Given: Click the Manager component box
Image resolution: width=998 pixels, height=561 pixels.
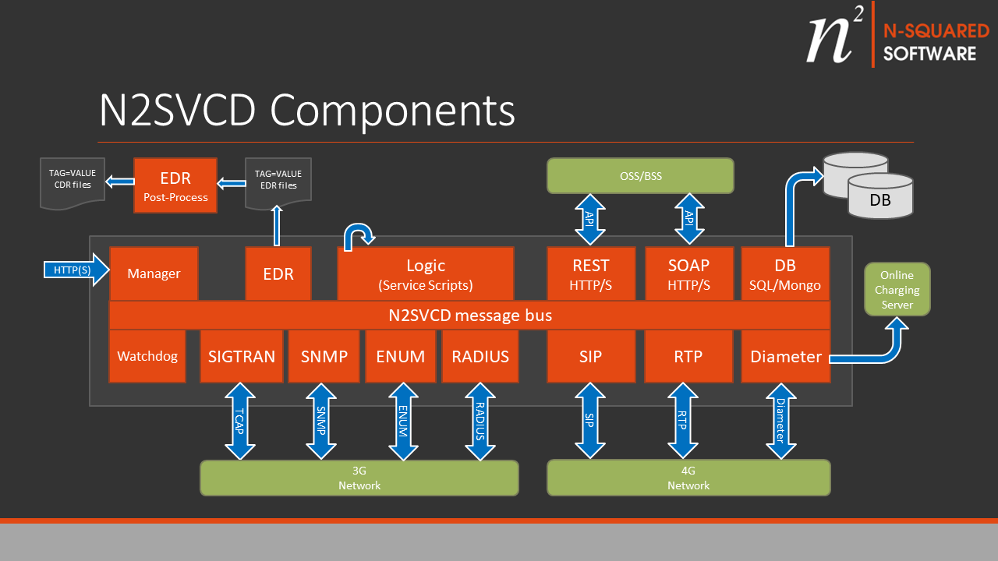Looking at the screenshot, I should [154, 273].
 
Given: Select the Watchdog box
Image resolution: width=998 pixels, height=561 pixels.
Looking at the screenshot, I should [147, 356].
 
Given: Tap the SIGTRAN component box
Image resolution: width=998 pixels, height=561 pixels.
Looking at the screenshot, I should [241, 356].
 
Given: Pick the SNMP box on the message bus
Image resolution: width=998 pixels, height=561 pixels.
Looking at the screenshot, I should [324, 356].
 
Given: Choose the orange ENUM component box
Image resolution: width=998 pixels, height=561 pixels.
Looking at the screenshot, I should [400, 356].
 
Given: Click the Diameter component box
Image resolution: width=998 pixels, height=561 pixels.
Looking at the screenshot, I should [785, 356].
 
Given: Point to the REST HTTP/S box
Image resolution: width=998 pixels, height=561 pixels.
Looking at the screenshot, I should [590, 273].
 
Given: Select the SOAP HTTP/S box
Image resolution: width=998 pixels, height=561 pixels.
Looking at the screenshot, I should [688, 273].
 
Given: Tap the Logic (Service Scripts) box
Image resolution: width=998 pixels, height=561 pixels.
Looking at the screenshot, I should [426, 273].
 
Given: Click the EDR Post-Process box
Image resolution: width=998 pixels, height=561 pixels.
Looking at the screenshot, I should [175, 185].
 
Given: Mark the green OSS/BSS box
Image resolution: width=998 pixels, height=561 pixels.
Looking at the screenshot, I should [640, 176].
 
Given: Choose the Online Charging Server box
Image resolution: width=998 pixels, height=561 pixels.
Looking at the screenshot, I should [897, 289].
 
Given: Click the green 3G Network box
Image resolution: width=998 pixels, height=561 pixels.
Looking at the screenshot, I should [359, 478].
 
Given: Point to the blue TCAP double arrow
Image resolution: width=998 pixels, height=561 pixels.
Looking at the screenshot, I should [240, 422].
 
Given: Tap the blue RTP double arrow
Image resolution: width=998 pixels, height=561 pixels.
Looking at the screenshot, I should [683, 422].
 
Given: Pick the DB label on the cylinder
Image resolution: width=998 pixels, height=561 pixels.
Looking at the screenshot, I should [880, 200].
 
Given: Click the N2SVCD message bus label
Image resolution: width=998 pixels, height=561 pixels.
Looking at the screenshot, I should [470, 316].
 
